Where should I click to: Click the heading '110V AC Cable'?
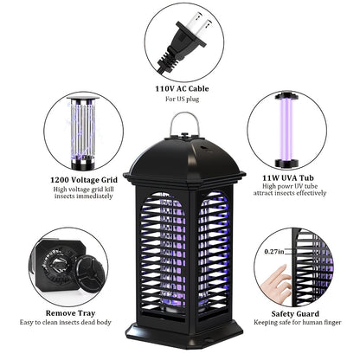182,88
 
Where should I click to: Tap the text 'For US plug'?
183,100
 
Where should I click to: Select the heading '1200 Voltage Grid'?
84,180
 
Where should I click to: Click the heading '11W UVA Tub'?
288,177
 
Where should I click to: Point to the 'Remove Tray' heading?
70,313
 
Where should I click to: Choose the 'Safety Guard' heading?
295,314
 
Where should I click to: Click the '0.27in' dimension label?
274,252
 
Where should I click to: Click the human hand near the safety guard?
276,284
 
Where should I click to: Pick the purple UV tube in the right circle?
286,129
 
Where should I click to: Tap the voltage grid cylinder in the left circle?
83,132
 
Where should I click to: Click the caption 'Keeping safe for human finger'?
298,323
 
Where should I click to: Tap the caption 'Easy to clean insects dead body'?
66,322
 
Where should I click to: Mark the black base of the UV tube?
286,164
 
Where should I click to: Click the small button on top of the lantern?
184,134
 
